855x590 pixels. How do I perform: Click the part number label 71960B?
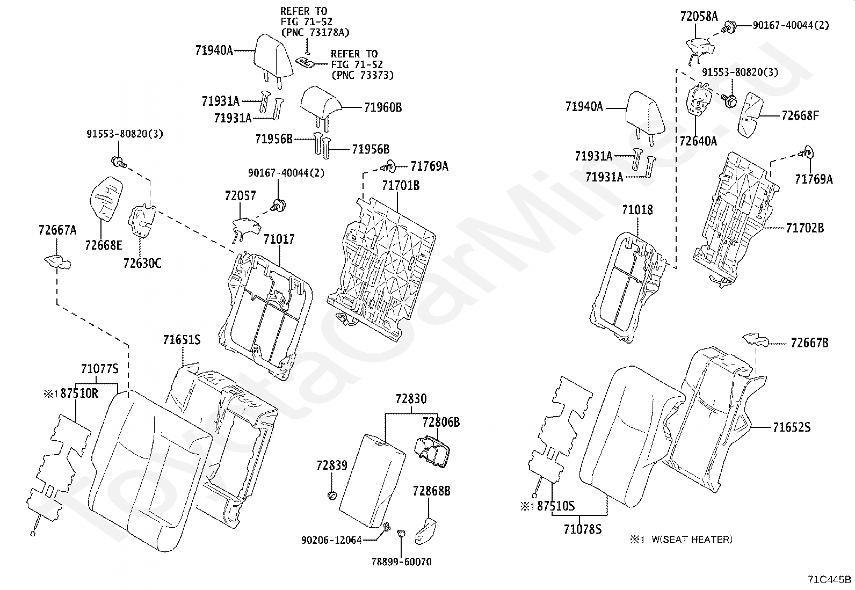tap(383, 107)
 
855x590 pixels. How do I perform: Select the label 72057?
tap(240, 196)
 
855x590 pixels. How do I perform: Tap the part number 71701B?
tap(401, 186)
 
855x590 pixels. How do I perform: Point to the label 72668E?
tap(104, 245)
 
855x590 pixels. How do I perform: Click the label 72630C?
tap(142, 263)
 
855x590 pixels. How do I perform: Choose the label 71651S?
tap(182, 340)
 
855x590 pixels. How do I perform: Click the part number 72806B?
tap(441, 423)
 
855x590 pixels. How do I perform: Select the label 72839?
tap(332, 465)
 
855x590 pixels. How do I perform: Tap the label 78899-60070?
tap(402, 562)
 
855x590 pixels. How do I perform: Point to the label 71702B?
tap(805, 228)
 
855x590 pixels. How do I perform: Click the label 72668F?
tap(800, 115)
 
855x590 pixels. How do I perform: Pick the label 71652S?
tap(792, 427)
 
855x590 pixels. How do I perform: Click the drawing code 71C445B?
tap(829, 579)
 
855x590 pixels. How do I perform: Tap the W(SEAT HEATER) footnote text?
tap(692, 539)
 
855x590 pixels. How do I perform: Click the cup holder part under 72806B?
tap(432, 452)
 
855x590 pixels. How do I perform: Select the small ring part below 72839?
tap(332, 496)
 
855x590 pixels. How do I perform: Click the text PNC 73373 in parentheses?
tap(363, 75)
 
